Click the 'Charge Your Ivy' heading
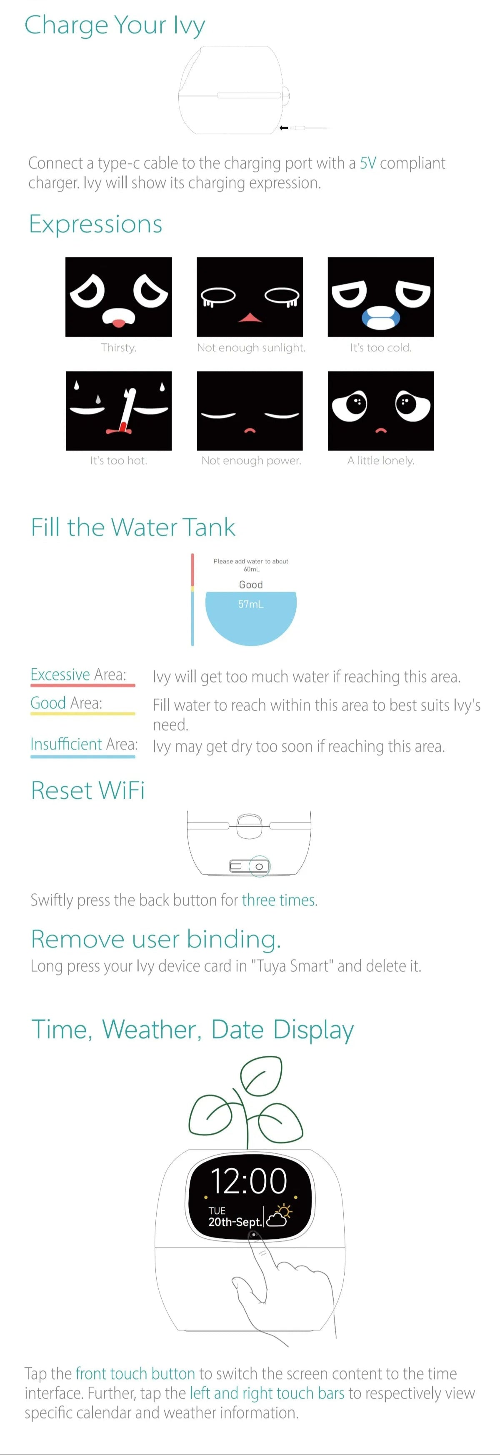click(x=115, y=25)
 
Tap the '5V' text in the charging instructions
click(x=368, y=163)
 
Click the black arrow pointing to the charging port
click(x=284, y=127)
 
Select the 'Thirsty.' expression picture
click(x=119, y=297)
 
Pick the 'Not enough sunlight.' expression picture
click(x=250, y=297)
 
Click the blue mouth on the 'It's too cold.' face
click(x=381, y=317)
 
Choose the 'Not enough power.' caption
click(x=251, y=460)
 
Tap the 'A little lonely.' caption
click(x=381, y=460)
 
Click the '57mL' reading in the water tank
click(x=251, y=604)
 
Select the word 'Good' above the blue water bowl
click(x=251, y=585)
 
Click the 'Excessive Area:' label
click(x=78, y=675)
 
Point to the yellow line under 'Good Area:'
click(x=83, y=713)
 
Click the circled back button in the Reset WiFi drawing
click(x=259, y=866)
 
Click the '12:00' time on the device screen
click(x=249, y=1181)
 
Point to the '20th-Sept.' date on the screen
click(x=235, y=1222)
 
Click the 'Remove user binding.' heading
click(x=156, y=939)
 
